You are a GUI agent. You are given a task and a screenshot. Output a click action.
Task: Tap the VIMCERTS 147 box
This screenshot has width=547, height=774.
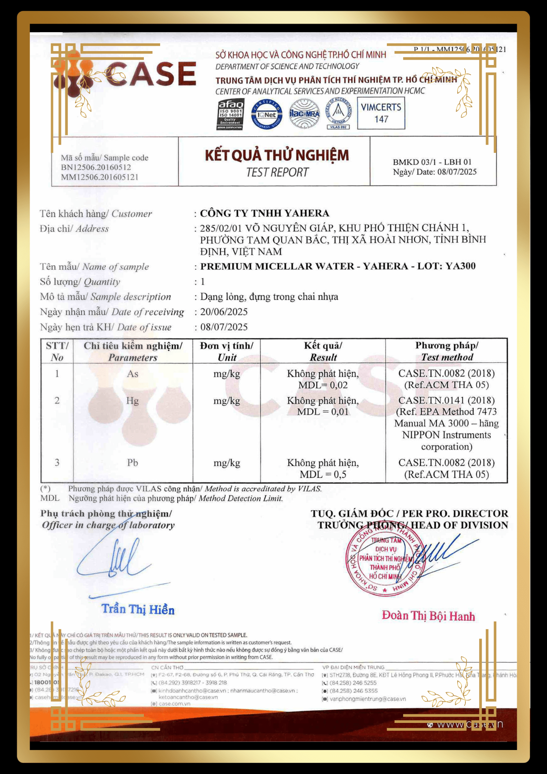tap(381, 113)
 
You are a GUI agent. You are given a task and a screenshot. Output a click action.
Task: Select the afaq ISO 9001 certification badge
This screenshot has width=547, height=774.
tap(230, 114)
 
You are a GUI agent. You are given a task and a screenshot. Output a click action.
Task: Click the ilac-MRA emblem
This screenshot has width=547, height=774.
tap(304, 114)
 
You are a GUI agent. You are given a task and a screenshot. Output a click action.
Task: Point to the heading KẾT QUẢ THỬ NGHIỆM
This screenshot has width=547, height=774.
tap(277, 156)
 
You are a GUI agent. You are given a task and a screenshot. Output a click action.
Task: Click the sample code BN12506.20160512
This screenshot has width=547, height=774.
tap(96, 167)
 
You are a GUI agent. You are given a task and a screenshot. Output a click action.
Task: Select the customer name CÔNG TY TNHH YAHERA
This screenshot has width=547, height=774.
tap(265, 213)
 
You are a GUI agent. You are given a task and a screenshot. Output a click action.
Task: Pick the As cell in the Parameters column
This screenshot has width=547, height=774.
tap(133, 374)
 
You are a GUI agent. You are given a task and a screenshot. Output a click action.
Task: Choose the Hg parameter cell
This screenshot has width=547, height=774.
tap(132, 401)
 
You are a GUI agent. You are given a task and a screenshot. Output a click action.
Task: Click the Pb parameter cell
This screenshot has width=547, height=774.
tap(133, 463)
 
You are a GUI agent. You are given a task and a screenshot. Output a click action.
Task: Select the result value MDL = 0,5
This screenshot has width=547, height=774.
tap(323, 474)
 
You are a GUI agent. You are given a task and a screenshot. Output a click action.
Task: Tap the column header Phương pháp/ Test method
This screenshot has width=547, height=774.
tap(447, 351)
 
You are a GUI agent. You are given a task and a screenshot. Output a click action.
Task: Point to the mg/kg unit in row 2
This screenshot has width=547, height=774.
tap(227, 401)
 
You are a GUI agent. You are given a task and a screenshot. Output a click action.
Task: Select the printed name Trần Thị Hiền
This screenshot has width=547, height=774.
tap(138, 610)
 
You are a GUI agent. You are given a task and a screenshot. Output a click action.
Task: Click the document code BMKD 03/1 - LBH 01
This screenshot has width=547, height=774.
tap(432, 162)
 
